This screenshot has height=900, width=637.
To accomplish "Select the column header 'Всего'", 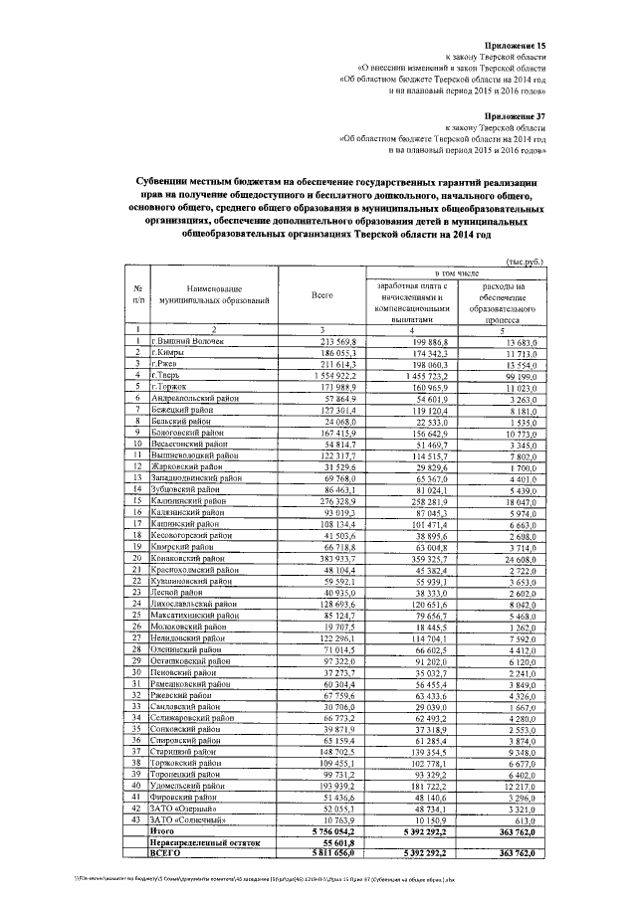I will coord(321,295).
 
